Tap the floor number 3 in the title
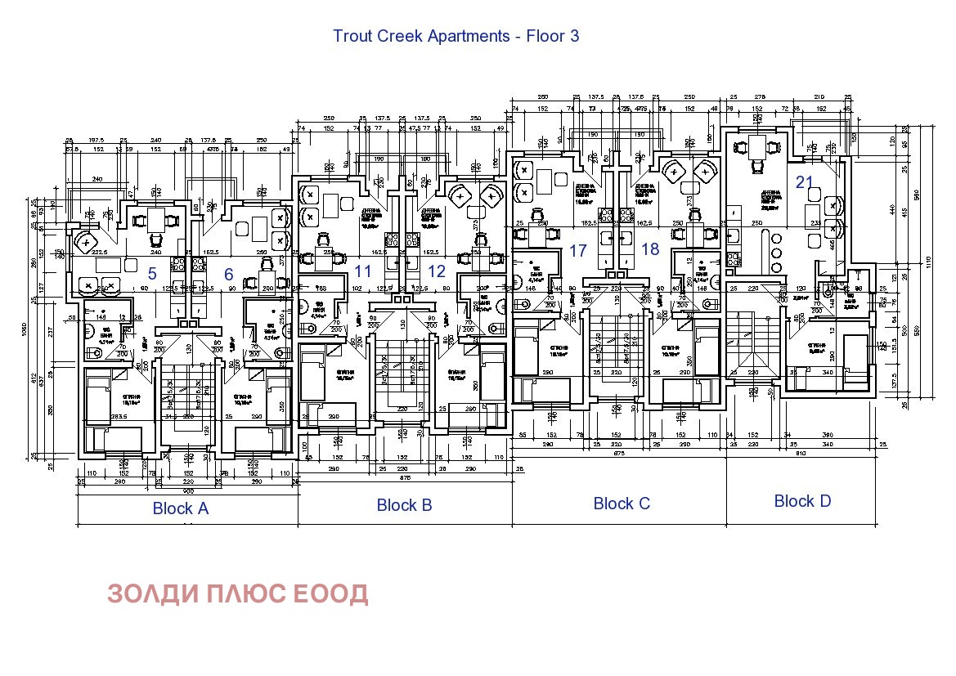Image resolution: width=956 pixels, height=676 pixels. (574, 37)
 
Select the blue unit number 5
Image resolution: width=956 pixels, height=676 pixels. (152, 274)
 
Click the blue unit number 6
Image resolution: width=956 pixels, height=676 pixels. (229, 274)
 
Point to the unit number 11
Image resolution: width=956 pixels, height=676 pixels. (363, 271)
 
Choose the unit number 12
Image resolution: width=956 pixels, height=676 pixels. (438, 271)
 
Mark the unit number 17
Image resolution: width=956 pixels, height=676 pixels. (579, 249)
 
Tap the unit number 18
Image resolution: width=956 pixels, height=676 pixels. (650, 249)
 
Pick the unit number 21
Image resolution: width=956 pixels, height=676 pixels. (805, 181)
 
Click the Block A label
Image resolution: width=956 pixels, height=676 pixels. (181, 508)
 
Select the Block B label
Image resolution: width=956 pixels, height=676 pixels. (404, 505)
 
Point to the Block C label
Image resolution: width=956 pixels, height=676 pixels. (622, 504)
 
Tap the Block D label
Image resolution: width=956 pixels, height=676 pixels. (802, 501)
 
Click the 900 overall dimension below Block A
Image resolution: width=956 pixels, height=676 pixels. (187, 492)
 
